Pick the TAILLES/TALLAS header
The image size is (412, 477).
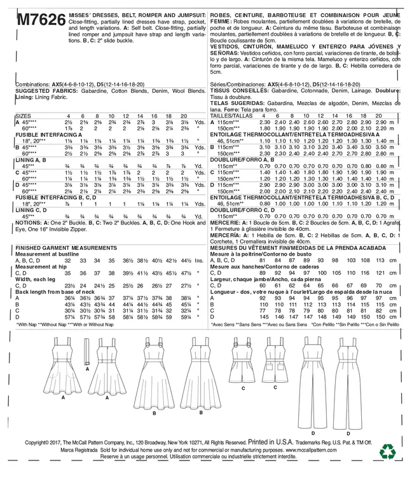(230, 115)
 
